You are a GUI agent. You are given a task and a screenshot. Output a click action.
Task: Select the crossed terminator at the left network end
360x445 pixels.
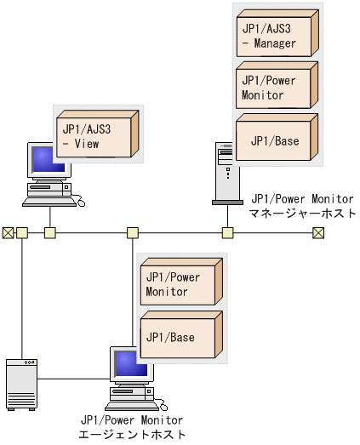tap(7, 232)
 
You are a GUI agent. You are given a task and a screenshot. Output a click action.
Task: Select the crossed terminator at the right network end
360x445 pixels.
tap(318, 232)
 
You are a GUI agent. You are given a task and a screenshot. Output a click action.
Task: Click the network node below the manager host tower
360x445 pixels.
tap(227, 232)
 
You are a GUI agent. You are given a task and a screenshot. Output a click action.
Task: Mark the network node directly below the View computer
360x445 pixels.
tap(50, 232)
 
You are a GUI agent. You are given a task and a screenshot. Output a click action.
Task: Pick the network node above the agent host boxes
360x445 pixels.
tap(133, 232)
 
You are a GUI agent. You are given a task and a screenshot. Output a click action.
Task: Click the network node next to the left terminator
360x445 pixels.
tap(22, 232)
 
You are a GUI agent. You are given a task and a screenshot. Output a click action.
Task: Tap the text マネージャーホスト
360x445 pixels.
tap(301, 213)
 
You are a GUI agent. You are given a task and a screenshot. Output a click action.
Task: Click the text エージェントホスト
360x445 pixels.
tap(131, 433)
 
